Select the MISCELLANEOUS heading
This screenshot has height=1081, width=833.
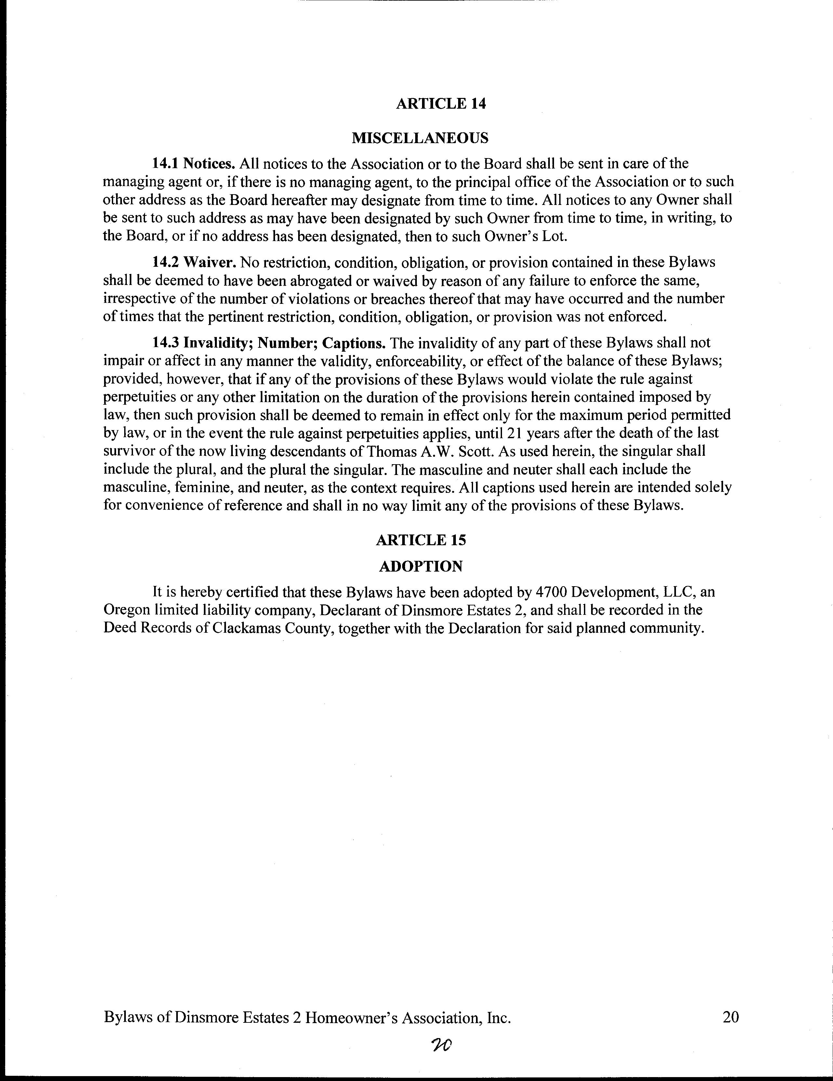tap(419, 138)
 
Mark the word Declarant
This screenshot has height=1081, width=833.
tap(350, 610)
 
